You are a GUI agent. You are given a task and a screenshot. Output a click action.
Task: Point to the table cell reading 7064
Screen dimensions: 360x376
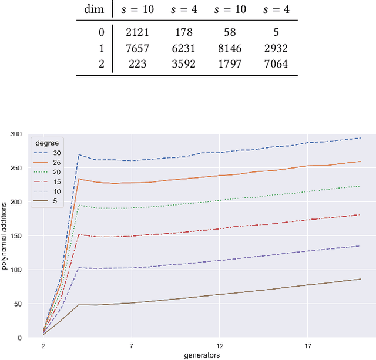pos(273,64)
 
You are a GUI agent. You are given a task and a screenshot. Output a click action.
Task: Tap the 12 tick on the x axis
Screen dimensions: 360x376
pos(220,346)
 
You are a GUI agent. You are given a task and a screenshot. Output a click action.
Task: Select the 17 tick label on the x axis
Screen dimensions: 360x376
pos(308,346)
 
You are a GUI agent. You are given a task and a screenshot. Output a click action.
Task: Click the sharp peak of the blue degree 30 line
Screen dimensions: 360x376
pos(79,154)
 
